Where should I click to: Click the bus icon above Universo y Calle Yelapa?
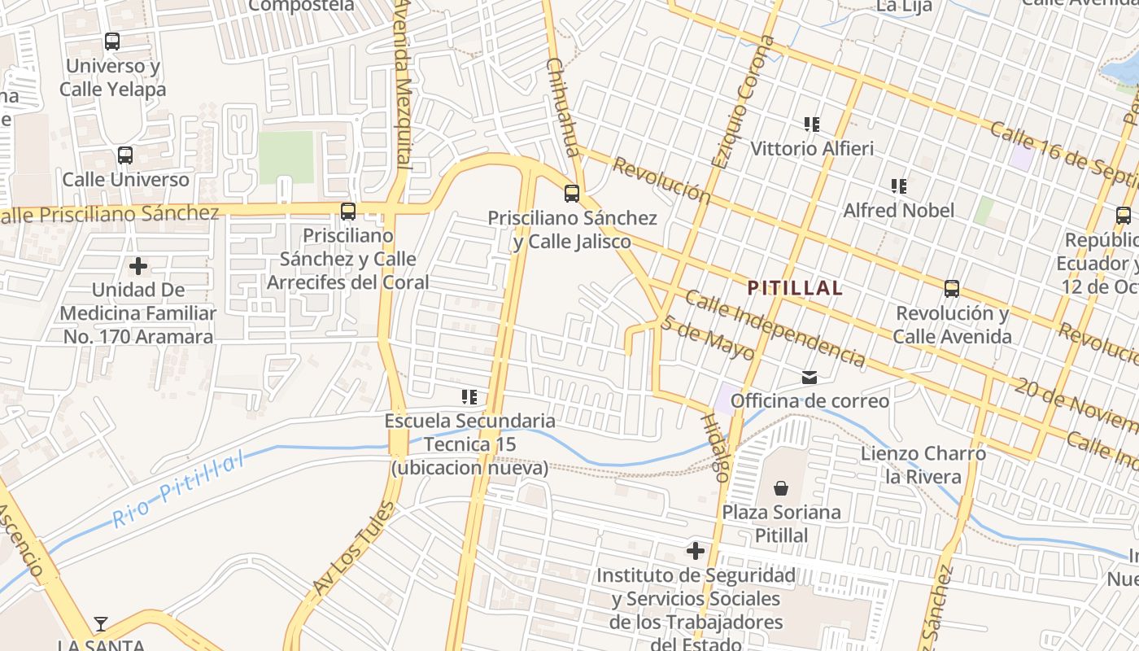click(112, 41)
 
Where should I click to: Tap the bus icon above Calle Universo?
click(125, 155)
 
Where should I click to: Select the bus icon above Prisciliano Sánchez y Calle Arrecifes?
click(348, 212)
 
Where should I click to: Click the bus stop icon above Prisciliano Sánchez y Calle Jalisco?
click(572, 194)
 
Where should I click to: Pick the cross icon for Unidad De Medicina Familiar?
click(138, 265)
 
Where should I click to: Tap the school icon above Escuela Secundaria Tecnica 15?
click(469, 397)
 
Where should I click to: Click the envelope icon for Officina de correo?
click(810, 378)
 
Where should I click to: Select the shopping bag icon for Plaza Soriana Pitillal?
click(781, 488)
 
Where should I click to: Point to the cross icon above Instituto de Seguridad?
click(696, 551)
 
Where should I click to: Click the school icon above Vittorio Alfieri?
click(811, 125)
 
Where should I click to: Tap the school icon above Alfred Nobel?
click(898, 186)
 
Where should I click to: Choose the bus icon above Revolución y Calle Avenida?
click(952, 289)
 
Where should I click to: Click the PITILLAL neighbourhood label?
click(794, 288)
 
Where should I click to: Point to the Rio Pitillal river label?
click(179, 490)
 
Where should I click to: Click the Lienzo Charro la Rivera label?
click(923, 465)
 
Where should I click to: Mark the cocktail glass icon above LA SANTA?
click(100, 624)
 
